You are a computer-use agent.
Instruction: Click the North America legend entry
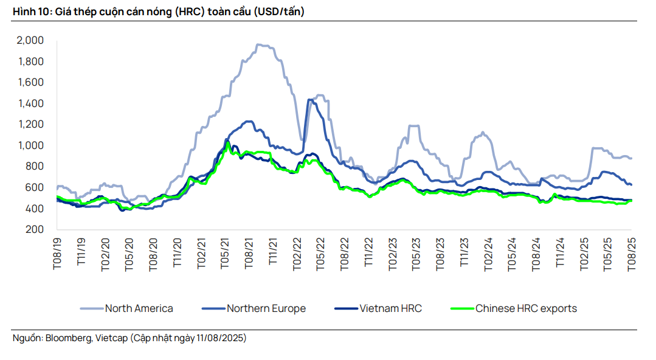(139, 308)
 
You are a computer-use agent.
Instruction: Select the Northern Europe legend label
(266, 308)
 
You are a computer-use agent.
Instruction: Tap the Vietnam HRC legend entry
(390, 308)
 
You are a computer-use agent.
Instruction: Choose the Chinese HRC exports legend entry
(526, 308)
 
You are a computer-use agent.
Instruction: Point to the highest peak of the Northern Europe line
(310, 99)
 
